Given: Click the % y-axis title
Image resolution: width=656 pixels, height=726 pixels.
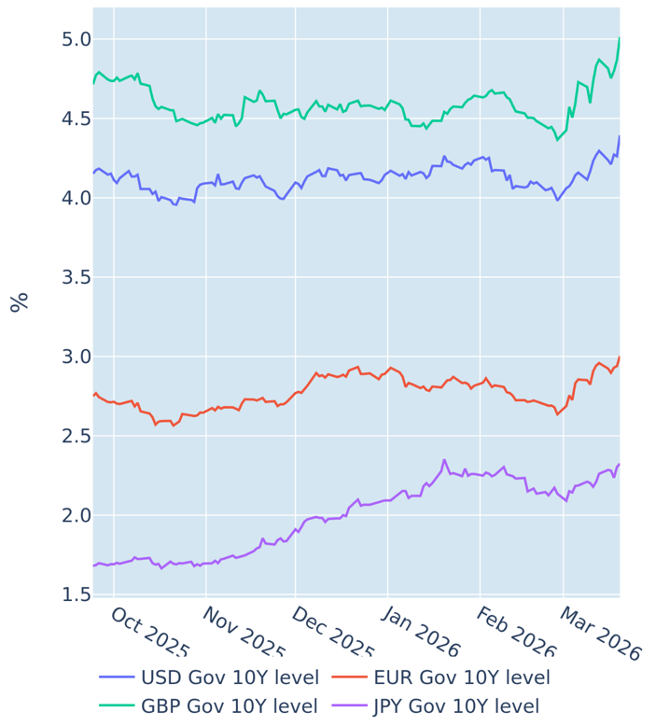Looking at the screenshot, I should point(19,301).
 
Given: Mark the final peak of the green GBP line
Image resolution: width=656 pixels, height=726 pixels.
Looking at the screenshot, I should point(619,39).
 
